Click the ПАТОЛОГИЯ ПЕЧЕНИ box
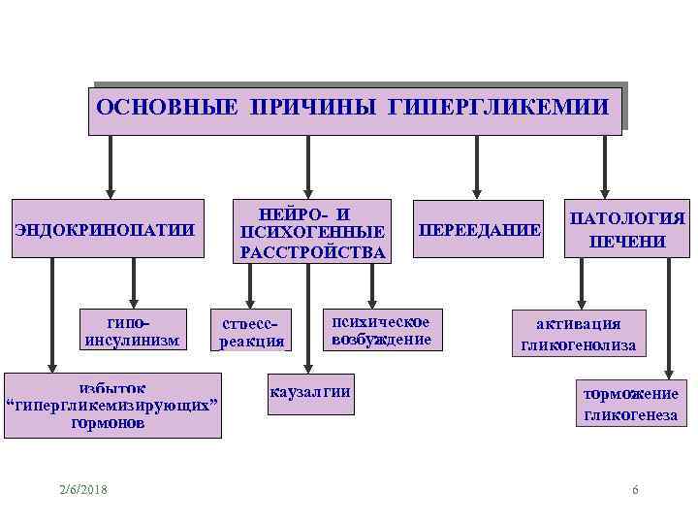(x=626, y=230)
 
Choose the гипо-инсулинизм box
(x=133, y=330)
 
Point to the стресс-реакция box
(x=251, y=331)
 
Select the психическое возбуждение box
(x=381, y=330)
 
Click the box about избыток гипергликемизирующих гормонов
(x=112, y=405)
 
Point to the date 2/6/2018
(x=82, y=489)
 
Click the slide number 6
(x=635, y=489)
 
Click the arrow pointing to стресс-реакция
(x=250, y=285)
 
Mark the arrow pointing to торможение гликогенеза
(x=668, y=320)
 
